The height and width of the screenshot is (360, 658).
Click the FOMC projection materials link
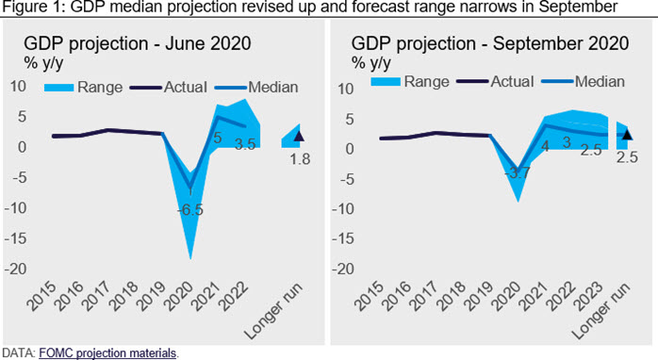(107, 353)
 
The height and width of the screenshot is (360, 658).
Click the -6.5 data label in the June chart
(190, 209)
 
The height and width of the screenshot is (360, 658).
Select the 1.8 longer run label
(300, 159)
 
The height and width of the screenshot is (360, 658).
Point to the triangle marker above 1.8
(299, 136)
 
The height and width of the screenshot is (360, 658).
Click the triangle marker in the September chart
(627, 134)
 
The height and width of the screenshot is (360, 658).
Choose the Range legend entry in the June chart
(84, 88)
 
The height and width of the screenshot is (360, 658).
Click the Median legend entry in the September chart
(584, 81)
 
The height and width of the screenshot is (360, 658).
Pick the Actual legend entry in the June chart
(169, 88)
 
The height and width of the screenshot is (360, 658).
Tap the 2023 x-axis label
(590, 297)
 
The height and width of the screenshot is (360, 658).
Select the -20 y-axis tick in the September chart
(343, 269)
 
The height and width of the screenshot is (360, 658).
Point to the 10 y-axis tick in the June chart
(18, 87)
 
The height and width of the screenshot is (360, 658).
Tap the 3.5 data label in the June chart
(245, 145)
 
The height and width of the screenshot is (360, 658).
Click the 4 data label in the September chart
(545, 146)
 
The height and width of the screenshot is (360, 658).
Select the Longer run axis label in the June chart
(273, 311)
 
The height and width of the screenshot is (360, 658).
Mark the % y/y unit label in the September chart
(371, 63)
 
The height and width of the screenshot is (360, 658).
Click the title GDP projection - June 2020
(138, 43)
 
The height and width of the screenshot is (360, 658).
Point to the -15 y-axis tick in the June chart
(15, 238)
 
